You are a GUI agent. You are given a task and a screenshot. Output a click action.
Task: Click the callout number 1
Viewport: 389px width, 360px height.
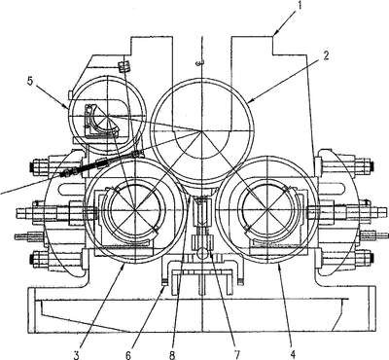coord(300,6)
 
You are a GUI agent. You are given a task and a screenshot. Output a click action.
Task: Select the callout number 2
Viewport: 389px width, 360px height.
coord(326,55)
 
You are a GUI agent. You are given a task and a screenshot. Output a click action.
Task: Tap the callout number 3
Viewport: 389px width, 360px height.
coord(77,355)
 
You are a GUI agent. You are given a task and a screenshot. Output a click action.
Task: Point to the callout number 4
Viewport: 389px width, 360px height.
coord(293,355)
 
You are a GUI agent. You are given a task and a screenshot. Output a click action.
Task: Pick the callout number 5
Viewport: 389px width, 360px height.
coord(30,81)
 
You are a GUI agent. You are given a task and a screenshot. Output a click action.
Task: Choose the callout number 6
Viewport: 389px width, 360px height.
coord(128,355)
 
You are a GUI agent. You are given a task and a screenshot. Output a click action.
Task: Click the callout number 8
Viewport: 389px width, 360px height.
coord(172,355)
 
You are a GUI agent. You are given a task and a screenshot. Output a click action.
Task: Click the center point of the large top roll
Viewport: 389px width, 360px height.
coord(202,131)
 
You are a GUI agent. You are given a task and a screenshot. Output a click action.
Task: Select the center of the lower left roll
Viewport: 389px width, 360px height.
coord(134,210)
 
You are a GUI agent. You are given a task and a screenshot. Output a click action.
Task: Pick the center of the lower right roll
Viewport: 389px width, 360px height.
coord(267,210)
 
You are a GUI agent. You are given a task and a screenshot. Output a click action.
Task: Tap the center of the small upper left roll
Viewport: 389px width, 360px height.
coord(107,116)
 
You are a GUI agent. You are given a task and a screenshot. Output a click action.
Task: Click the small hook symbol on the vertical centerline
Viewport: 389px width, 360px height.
coord(200,62)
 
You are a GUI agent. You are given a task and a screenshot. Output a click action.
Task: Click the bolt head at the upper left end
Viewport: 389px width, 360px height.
coord(33,167)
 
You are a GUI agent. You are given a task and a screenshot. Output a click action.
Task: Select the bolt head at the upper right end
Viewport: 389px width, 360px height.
coord(370,165)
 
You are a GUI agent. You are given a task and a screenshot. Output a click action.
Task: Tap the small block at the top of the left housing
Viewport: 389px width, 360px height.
coord(124,66)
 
